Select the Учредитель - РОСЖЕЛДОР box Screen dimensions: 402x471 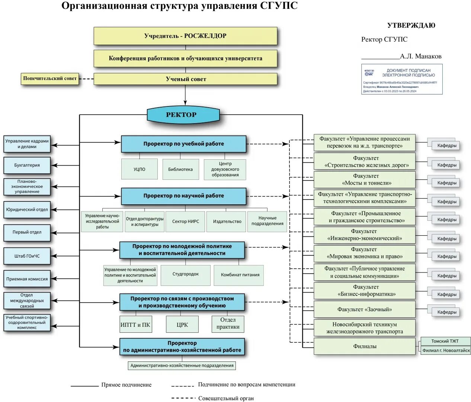(x=185, y=36)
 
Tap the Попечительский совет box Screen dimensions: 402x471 (x=50, y=79)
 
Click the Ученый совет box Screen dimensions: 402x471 (x=185, y=79)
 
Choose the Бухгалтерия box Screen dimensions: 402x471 (x=27, y=165)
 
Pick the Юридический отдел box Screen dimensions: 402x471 (x=27, y=210)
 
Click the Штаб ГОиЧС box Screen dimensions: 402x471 (x=27, y=256)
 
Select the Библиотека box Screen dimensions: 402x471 (x=180, y=169)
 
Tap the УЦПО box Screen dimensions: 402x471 (x=140, y=169)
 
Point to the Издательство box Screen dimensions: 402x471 (x=227, y=221)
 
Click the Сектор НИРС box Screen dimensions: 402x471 (x=185, y=221)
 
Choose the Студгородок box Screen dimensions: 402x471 (x=185, y=275)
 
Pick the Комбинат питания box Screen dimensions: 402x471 (x=240, y=275)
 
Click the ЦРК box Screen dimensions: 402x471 (x=182, y=325)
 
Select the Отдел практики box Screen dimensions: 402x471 (x=228, y=323)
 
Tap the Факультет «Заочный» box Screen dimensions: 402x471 (x=364, y=309)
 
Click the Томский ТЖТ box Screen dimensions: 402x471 (x=445, y=341)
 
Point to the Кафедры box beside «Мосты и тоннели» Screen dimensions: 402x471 (x=446, y=183)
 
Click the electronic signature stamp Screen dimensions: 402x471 (x=402, y=79)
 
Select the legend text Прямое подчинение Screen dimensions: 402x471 (x=126, y=385)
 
